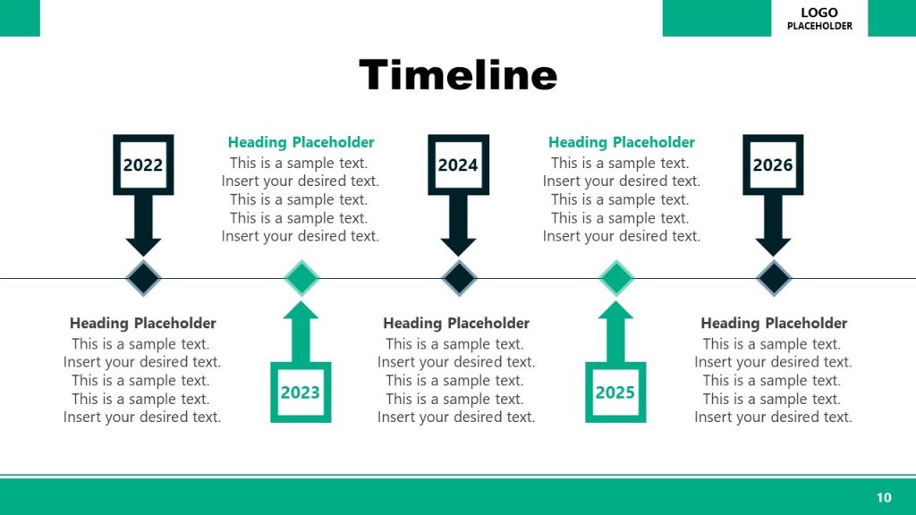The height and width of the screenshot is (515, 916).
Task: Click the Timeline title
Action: point(458,75)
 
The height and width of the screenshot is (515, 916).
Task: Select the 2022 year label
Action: point(143,165)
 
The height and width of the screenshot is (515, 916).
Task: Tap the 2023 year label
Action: point(301,393)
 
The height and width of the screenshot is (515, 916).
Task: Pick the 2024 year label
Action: point(458,165)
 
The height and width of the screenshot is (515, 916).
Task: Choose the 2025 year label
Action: point(615,393)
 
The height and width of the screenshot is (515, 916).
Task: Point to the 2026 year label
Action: point(773,165)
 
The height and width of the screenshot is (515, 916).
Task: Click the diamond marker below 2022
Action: point(143,278)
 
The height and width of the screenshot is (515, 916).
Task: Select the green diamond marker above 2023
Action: point(301,278)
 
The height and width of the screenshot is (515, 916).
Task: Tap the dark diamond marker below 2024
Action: point(459,278)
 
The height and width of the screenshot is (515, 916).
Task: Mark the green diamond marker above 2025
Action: point(616,278)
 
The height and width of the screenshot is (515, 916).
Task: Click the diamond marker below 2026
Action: point(774,278)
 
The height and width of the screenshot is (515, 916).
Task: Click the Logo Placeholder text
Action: point(819,19)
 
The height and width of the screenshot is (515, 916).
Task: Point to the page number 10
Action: point(884,497)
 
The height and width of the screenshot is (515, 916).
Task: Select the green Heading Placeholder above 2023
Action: point(301,142)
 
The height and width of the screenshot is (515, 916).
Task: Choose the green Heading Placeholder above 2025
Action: point(621,142)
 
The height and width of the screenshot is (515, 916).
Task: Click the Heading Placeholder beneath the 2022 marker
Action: point(143,323)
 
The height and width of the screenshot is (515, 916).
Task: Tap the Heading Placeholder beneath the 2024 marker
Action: point(456,323)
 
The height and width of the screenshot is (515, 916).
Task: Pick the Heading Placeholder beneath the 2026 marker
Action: point(774,323)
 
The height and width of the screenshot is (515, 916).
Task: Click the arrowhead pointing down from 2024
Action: point(458,246)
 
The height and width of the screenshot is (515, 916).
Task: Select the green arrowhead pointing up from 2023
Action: point(301,310)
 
